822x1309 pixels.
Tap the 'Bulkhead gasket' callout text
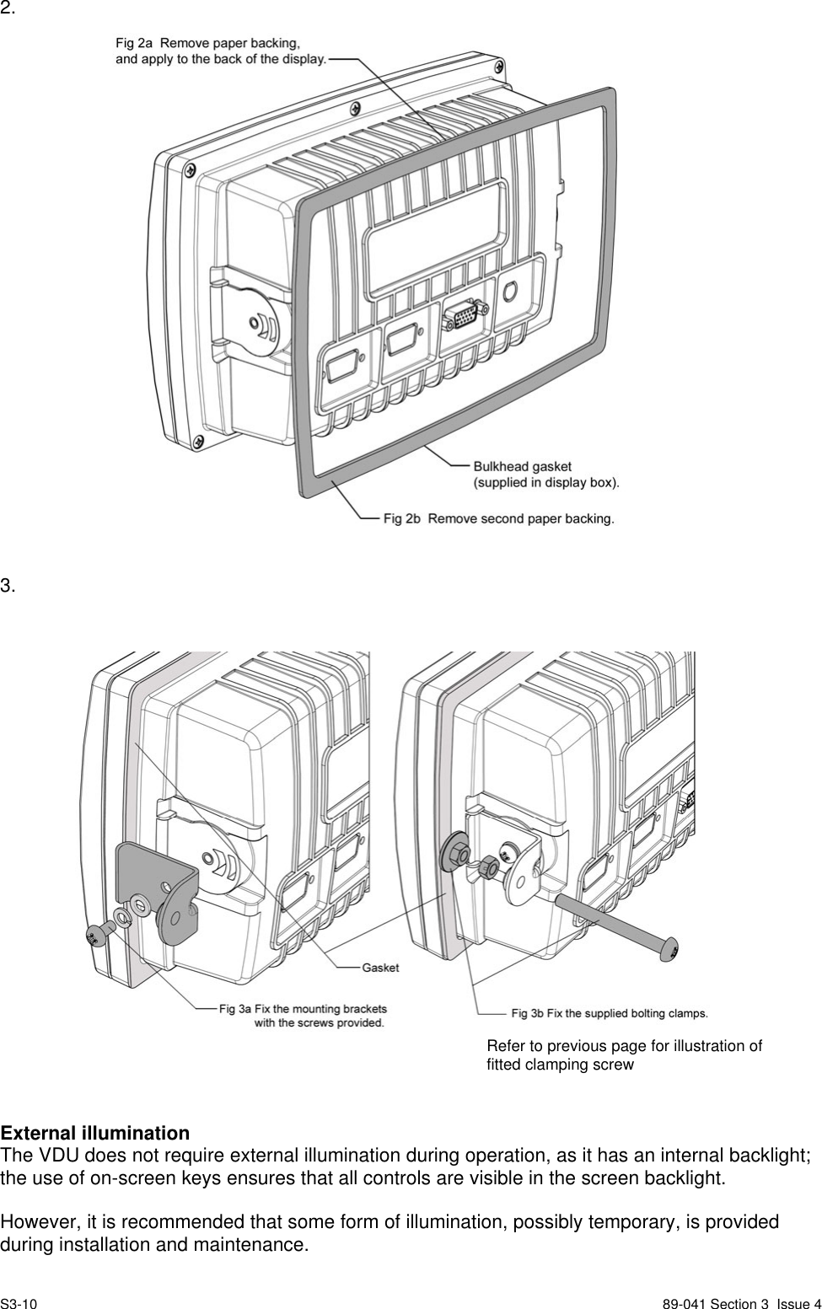(522, 465)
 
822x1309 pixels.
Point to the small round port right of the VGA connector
(510, 291)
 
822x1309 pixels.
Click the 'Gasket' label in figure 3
(380, 967)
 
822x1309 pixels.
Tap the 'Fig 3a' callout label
(235, 1007)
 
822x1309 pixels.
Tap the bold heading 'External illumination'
(94, 1132)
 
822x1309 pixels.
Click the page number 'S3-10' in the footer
(19, 1304)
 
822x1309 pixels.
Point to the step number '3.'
(8, 585)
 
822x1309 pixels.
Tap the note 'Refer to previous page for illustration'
(624, 1046)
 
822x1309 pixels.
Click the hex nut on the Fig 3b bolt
(486, 866)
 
